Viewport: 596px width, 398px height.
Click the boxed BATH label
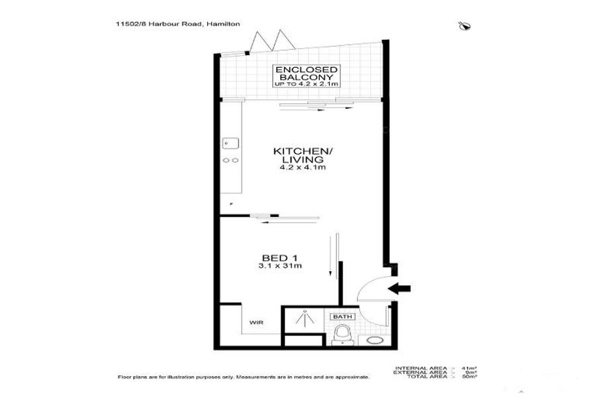point(342,317)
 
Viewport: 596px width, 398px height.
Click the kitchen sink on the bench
point(230,142)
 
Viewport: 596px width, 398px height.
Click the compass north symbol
point(463,26)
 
